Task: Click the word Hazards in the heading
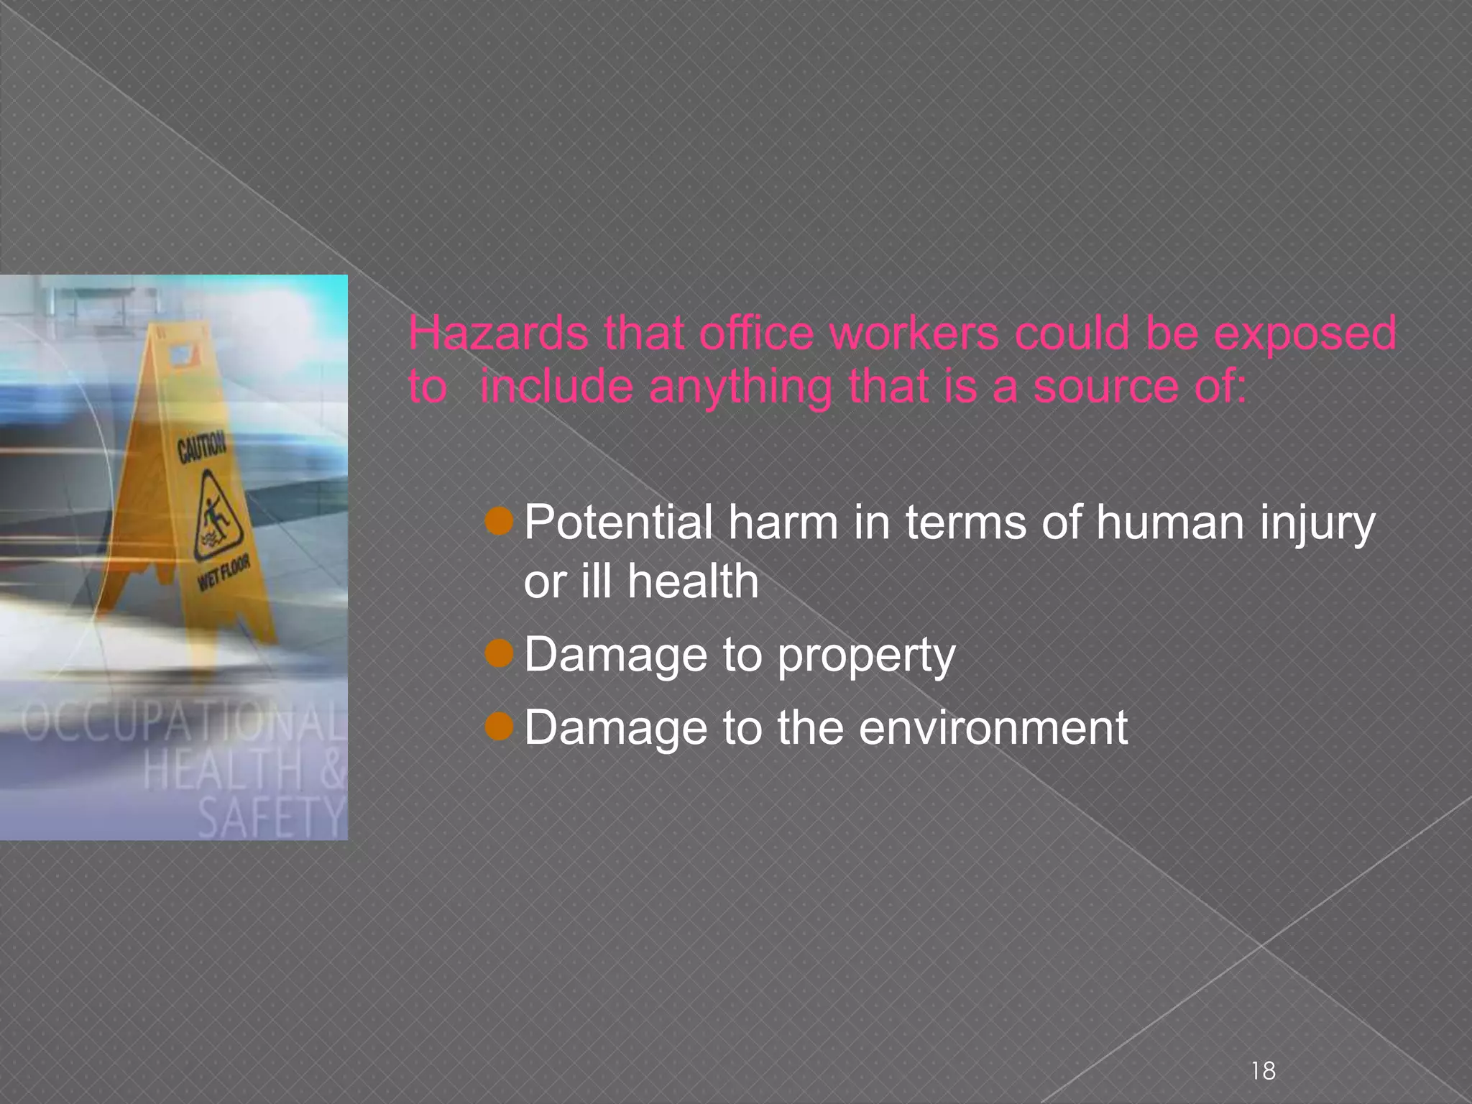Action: click(x=498, y=333)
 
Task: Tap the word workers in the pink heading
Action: click(x=914, y=333)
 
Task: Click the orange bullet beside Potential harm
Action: click(x=499, y=521)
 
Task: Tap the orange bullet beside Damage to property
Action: click(x=499, y=653)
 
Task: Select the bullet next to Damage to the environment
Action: click(x=499, y=727)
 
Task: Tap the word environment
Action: click(x=993, y=727)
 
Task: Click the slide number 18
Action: click(x=1263, y=1070)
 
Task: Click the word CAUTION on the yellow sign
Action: click(x=201, y=448)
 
